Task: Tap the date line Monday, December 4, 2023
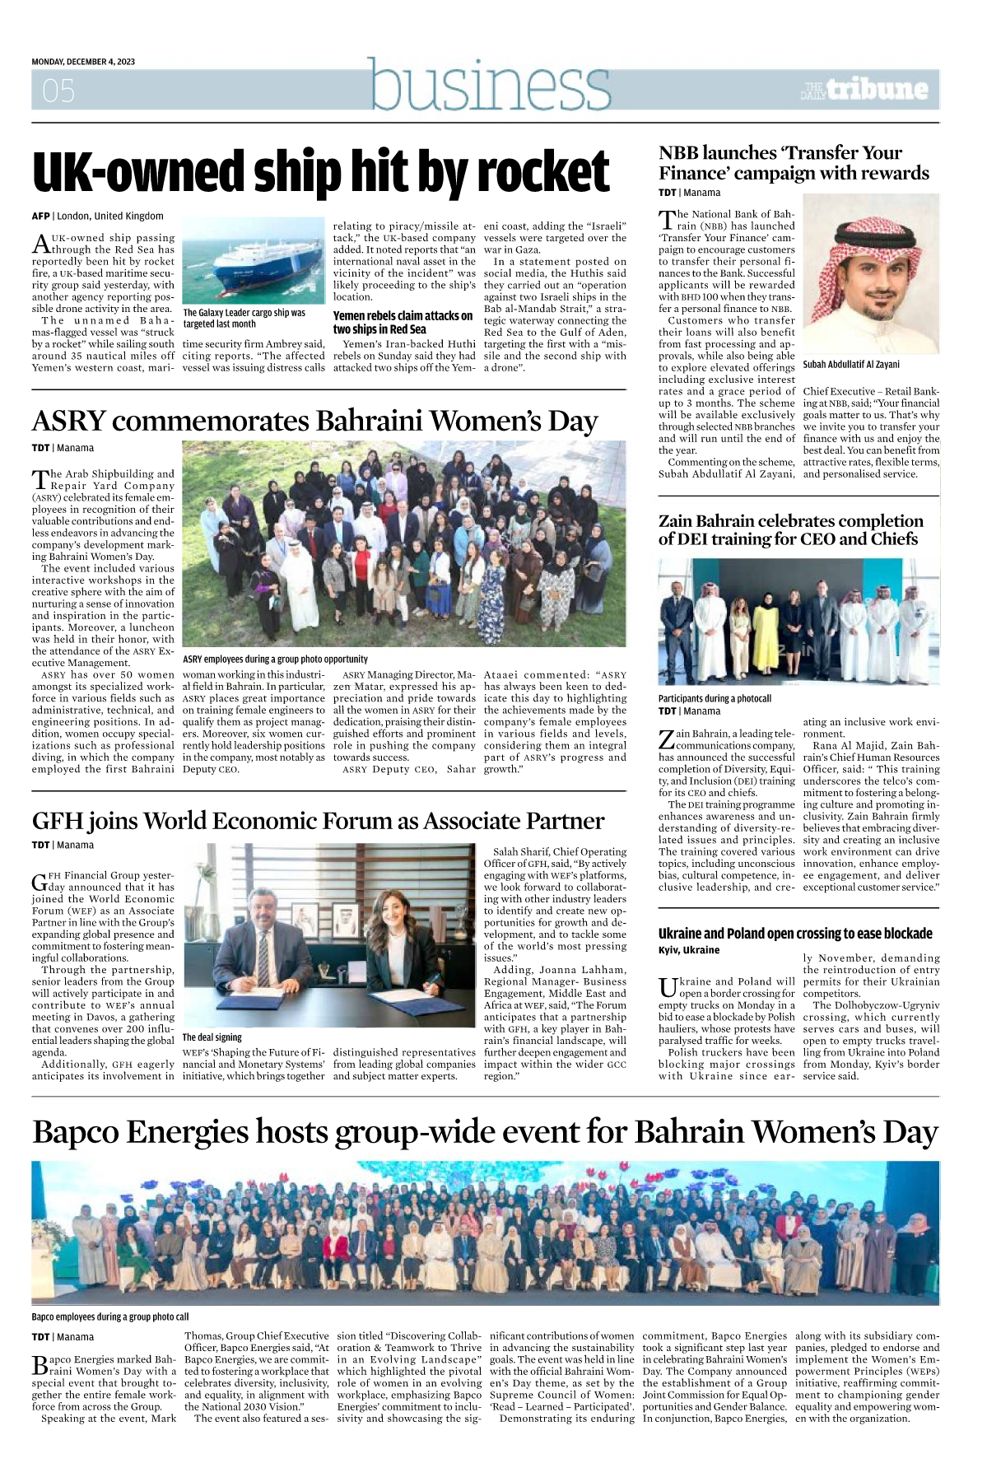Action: [x=83, y=62]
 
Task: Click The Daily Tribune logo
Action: [x=864, y=89]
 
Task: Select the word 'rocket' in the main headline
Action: [x=543, y=173]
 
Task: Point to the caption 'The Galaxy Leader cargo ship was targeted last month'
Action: [x=244, y=319]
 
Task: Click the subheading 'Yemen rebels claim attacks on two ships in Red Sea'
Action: [x=403, y=322]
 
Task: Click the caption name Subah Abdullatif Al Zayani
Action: [x=851, y=364]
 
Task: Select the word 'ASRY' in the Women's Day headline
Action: [x=69, y=421]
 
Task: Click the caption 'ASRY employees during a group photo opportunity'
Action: [x=275, y=659]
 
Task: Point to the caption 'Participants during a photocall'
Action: [x=715, y=698]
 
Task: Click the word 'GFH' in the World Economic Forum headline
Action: [x=57, y=821]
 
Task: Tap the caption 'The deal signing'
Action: [x=212, y=1037]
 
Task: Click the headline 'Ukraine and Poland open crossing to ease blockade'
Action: [x=795, y=934]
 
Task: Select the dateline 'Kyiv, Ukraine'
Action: [x=689, y=950]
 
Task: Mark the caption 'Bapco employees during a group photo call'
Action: [x=110, y=1317]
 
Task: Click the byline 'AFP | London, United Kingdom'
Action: [x=97, y=216]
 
